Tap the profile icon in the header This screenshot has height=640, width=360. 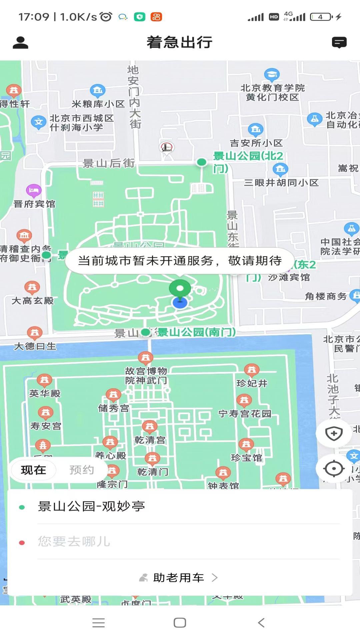20,43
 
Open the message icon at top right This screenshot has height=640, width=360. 339,43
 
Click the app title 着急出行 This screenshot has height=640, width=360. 180,42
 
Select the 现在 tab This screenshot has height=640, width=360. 33,470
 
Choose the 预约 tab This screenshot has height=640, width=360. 82,470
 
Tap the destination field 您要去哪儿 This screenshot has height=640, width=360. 74,541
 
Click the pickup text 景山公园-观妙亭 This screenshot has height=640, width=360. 91,506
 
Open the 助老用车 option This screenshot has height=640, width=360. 179,578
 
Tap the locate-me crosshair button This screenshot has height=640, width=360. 334,469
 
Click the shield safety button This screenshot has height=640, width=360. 334,434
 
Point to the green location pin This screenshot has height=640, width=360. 180,289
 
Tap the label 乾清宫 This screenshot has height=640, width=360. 150,440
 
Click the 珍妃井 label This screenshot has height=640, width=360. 252,383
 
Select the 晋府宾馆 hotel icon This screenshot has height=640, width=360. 34,191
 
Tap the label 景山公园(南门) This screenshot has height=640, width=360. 197,332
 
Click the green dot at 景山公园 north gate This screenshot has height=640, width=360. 202,162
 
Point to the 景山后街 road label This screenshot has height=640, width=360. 109,163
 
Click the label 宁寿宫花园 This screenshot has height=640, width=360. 245,414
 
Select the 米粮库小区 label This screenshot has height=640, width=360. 98,104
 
